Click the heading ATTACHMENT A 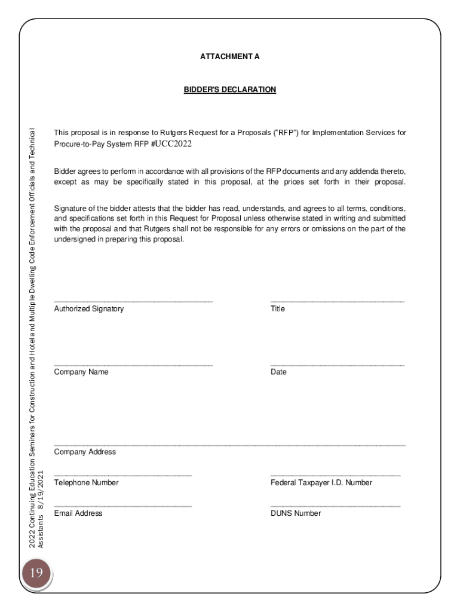229,57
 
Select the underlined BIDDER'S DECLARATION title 229,90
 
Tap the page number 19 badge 36,573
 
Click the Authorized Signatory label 88,309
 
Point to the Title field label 277,309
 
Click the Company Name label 81,372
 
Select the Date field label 278,372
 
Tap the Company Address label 85,452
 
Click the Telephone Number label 86,483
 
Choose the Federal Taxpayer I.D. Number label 321,483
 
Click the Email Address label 78,513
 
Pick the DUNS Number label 295,513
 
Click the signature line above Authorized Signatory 133,301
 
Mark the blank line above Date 337,364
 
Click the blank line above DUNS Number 335,506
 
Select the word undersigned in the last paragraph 73,240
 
